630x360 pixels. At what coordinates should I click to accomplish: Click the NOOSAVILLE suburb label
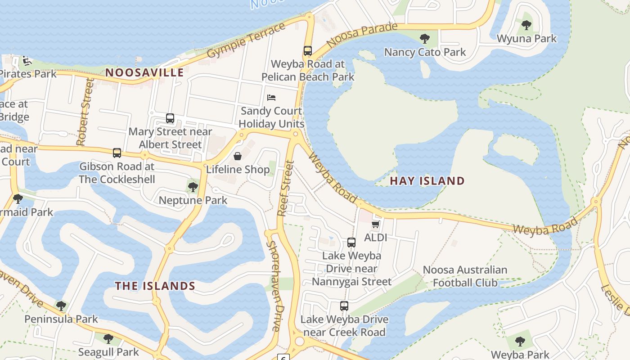tap(144, 72)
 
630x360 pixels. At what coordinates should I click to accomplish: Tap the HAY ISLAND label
tap(427, 181)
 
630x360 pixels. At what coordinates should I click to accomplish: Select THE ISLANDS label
tap(155, 286)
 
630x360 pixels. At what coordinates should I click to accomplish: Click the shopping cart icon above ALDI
tap(376, 224)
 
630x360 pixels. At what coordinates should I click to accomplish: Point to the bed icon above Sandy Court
tap(271, 97)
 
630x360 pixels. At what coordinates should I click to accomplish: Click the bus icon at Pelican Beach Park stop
tap(308, 50)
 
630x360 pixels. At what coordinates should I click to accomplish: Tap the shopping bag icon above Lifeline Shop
tap(237, 156)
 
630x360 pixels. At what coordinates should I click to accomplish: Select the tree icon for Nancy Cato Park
tap(424, 39)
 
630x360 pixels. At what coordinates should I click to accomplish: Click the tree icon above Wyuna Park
tap(526, 25)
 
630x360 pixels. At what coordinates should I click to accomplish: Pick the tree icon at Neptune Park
tap(193, 187)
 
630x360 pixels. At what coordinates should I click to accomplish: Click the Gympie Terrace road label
tap(246, 40)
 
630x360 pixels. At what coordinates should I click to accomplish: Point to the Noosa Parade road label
tap(362, 34)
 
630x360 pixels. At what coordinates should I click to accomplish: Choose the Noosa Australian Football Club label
tap(465, 276)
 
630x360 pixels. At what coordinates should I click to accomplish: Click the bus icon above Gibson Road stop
tap(117, 153)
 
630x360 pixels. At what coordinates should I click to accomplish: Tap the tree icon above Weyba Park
tap(520, 342)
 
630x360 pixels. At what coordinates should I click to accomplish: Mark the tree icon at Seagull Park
tap(108, 338)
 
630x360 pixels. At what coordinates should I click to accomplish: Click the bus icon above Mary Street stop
tap(170, 118)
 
